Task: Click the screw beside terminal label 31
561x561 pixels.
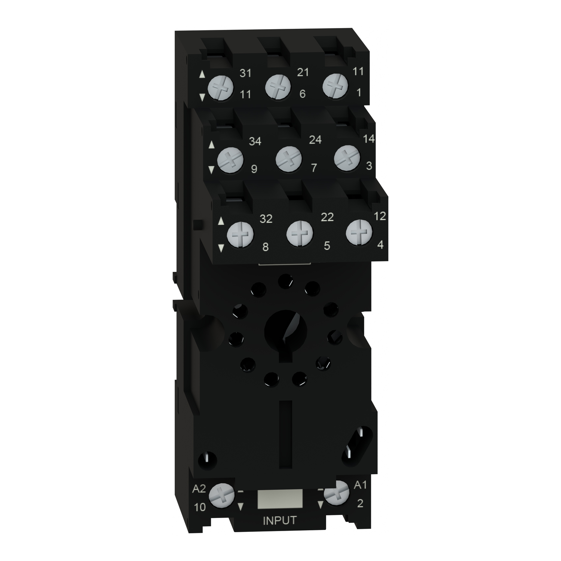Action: point(220,88)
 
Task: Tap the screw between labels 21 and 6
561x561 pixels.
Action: point(278,87)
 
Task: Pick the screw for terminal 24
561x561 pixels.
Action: point(288,159)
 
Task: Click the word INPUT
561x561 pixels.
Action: point(280,521)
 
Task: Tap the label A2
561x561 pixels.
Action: point(199,489)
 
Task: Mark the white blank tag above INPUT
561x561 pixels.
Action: point(280,499)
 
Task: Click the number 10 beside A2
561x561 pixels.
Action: point(200,507)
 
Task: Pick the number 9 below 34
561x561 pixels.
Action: point(254,169)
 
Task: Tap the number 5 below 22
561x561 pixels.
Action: point(327,246)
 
